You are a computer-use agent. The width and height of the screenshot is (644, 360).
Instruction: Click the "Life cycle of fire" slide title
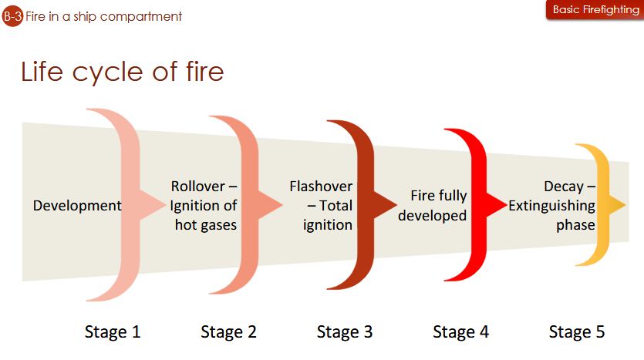pos(122,72)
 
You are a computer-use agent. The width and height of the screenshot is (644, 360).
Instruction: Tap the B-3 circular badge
pos(12,15)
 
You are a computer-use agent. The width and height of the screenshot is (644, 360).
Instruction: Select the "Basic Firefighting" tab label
pos(595,10)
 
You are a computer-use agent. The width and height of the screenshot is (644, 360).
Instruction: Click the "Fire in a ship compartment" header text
pos(103,16)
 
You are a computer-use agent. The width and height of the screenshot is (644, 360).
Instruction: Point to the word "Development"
pos(77,206)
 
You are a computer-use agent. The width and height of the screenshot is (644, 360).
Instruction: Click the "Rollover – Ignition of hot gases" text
pos(204,206)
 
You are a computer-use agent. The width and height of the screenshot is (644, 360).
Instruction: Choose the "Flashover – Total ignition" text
pos(321,206)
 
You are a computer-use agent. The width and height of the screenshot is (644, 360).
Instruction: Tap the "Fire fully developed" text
pos(438,206)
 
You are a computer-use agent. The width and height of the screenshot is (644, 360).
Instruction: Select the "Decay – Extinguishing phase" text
pos(551,206)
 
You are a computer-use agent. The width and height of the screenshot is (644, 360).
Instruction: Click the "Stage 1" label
pos(113,332)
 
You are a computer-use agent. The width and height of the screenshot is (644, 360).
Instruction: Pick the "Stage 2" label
pos(228,332)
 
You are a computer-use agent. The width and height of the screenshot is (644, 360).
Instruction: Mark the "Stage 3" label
pos(345,332)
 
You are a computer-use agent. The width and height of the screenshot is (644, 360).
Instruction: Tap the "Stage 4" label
pos(460,332)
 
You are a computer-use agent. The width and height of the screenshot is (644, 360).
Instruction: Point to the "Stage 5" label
pos(577,332)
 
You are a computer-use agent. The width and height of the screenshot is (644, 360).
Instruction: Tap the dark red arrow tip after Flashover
pos(388,204)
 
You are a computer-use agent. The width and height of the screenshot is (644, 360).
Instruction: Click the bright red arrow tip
pos(497,204)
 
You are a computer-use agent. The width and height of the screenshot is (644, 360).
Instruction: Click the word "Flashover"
pos(321,187)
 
